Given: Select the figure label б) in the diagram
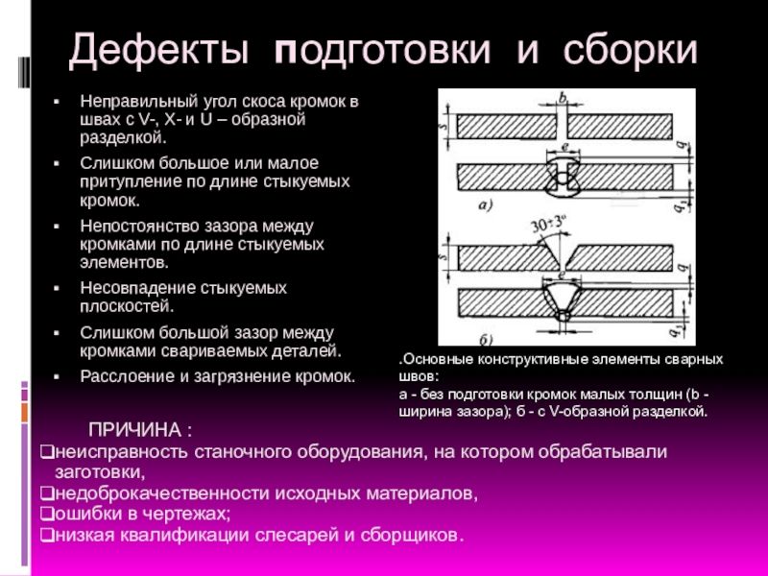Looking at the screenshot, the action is point(486,339).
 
